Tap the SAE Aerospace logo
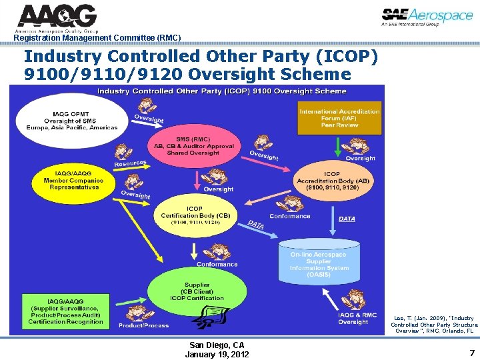click(427, 17)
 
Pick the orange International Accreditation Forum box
click(339, 117)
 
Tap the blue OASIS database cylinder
click(318, 263)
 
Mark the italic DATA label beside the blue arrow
click(347, 218)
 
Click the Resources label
click(130, 163)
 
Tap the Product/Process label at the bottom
click(143, 325)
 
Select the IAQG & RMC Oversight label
click(357, 319)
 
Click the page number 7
click(471, 353)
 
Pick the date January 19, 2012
click(217, 354)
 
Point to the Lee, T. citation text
click(434, 325)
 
